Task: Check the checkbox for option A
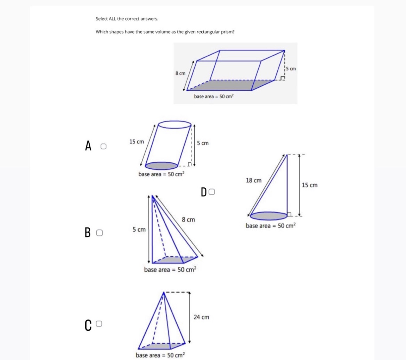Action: click(103, 146)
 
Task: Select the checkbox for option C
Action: click(99, 324)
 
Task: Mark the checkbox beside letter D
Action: click(212, 191)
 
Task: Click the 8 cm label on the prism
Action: click(180, 73)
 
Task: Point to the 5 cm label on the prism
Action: click(291, 69)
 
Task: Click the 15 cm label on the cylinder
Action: click(137, 142)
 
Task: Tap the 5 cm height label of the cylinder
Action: click(203, 143)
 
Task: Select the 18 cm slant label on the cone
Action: click(254, 180)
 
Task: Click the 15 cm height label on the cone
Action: click(309, 185)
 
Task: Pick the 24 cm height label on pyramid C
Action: click(201, 317)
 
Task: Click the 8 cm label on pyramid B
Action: click(188, 220)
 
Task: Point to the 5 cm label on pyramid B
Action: click(139, 230)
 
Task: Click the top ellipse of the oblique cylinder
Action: click(174, 125)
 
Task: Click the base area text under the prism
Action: click(213, 96)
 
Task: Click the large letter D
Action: click(204, 192)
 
